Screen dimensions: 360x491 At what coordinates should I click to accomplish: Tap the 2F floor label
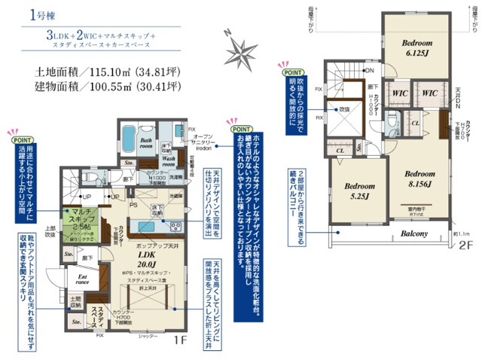465,245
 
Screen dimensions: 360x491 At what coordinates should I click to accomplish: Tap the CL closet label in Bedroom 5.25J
341,150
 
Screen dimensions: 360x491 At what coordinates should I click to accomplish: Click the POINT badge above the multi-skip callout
20,139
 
